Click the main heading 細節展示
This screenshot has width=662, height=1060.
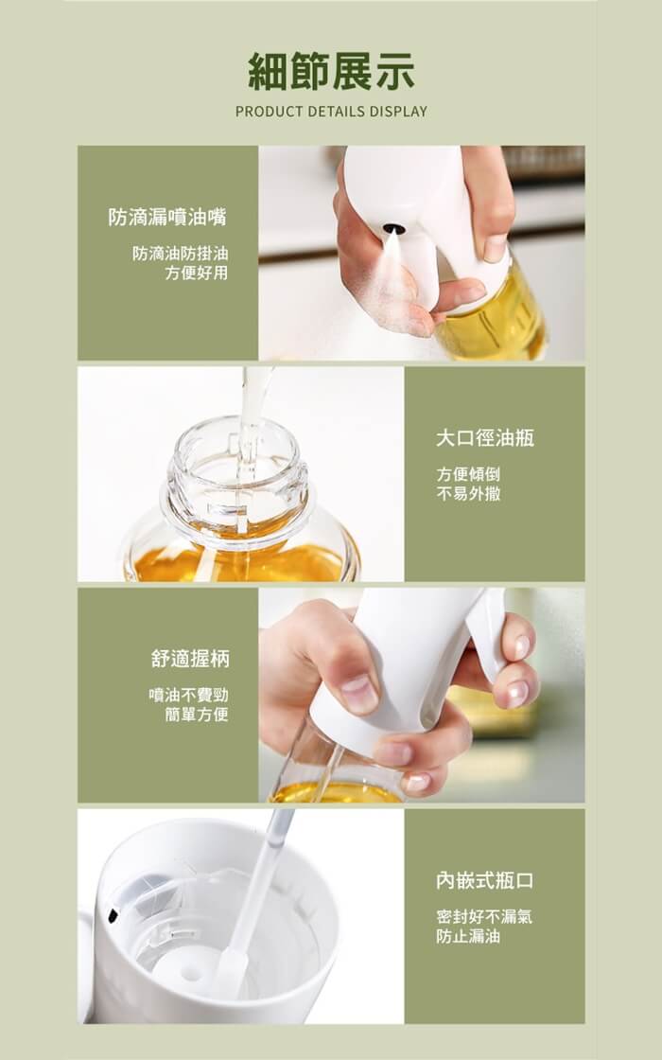(x=331, y=72)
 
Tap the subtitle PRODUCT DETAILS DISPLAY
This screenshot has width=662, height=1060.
(x=331, y=112)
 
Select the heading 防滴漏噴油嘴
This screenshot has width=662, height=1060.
(x=167, y=217)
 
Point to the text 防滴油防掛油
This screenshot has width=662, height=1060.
(x=181, y=254)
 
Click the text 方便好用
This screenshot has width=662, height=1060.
(x=197, y=273)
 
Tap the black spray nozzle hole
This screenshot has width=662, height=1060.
(x=393, y=229)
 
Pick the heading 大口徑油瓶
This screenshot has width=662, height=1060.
(x=485, y=438)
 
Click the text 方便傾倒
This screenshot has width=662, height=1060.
(x=468, y=474)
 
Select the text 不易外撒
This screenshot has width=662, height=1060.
(x=468, y=493)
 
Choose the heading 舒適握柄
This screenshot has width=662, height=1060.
(x=190, y=659)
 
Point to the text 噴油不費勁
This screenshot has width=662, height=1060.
(x=188, y=695)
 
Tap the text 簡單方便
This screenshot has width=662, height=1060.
(x=197, y=714)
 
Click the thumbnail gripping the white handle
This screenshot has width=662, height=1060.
(x=358, y=692)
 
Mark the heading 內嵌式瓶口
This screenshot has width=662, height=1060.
(x=485, y=880)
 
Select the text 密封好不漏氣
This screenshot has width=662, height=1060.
(x=484, y=917)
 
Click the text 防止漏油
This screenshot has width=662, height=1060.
(x=468, y=936)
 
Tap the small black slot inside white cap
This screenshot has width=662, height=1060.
(x=113, y=916)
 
